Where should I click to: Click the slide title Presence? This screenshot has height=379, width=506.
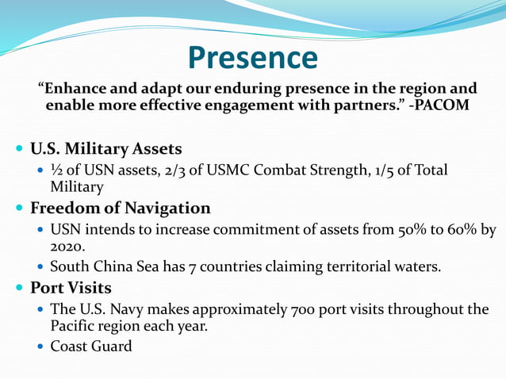[x=253, y=58]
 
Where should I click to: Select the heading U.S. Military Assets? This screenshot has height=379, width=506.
[x=106, y=149]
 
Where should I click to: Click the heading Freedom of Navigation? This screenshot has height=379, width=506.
[x=121, y=209]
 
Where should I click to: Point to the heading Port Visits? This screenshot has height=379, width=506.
[x=71, y=287]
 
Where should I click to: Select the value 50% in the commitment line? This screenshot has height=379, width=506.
[x=412, y=230]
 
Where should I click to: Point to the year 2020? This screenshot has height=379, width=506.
[x=67, y=247]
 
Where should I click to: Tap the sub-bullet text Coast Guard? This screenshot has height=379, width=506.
[x=90, y=346]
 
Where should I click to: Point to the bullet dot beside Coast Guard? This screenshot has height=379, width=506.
[x=41, y=347]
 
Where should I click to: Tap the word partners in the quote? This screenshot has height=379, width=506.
[x=362, y=105]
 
